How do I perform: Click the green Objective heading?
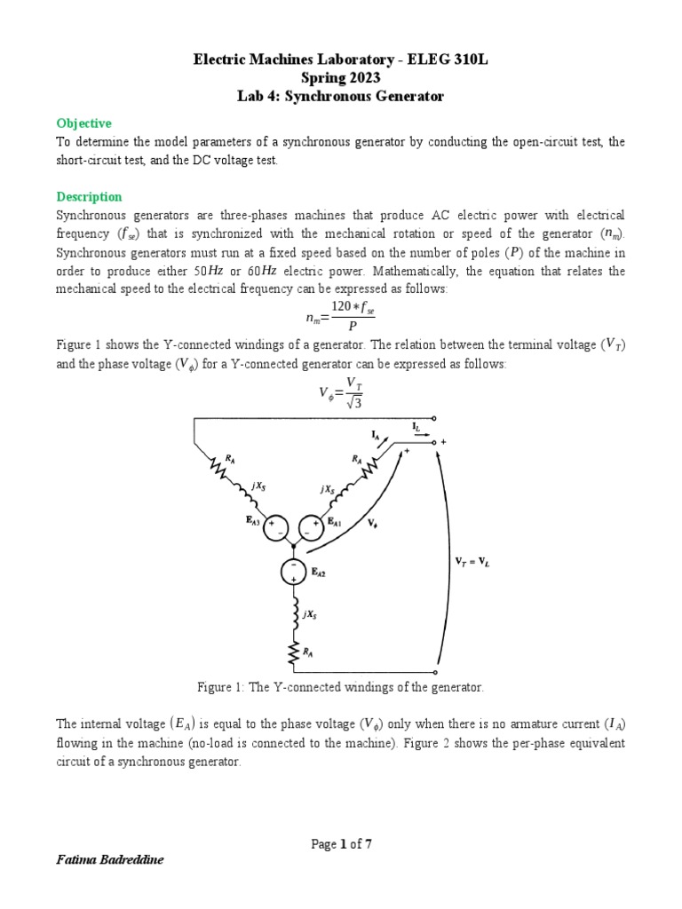[x=83, y=123]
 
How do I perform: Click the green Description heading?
[x=89, y=196]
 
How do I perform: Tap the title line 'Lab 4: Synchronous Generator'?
[x=341, y=96]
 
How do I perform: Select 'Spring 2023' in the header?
[x=341, y=78]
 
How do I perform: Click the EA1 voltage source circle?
[x=310, y=527]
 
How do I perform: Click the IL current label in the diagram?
[x=417, y=427]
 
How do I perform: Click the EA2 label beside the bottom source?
[x=319, y=574]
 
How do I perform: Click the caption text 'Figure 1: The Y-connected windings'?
[x=341, y=687]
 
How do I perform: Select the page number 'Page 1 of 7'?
[x=341, y=844]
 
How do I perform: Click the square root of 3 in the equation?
[x=354, y=404]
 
